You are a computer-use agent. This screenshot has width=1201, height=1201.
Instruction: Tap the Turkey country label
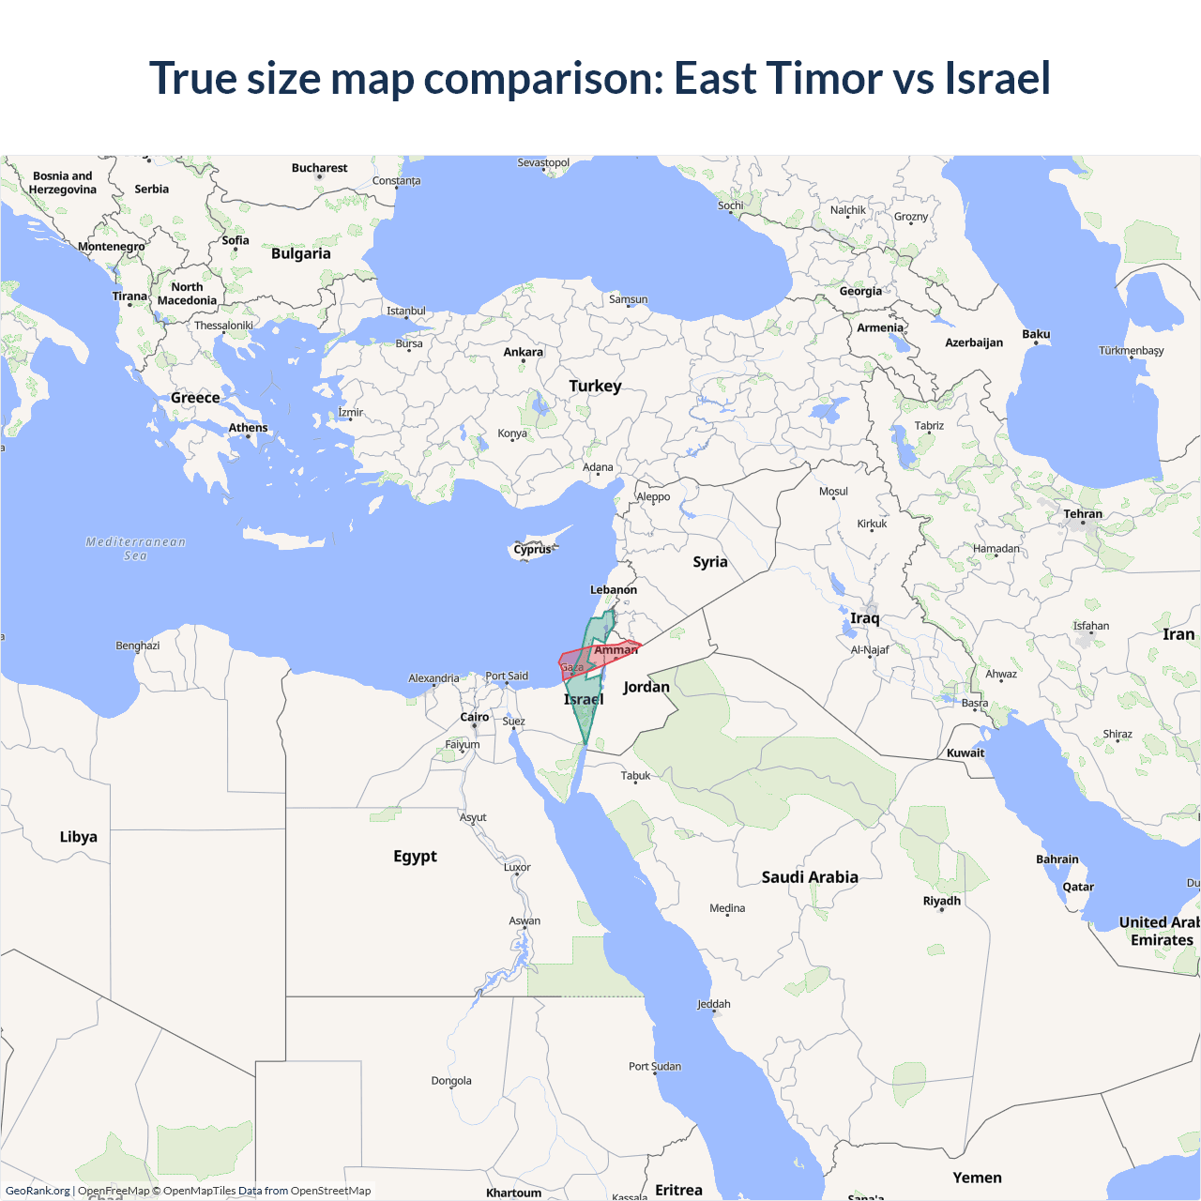point(595,386)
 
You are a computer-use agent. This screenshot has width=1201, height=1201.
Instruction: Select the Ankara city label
point(524,352)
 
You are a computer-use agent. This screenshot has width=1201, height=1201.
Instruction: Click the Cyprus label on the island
point(533,549)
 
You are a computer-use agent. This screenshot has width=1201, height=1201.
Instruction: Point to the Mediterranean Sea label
point(136,548)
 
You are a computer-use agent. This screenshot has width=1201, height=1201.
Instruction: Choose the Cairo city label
point(475,717)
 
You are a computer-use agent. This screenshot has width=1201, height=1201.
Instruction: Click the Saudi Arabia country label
point(810,877)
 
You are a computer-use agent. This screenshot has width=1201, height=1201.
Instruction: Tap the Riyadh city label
point(942,901)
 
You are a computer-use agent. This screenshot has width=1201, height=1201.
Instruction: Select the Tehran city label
point(1083,514)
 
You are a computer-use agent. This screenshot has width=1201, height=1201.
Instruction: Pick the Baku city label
point(1036,334)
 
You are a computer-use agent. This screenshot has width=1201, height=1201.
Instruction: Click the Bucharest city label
point(319,168)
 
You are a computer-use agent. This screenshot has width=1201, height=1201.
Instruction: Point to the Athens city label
point(249,428)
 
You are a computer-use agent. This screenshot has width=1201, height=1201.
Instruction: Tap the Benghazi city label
point(138,646)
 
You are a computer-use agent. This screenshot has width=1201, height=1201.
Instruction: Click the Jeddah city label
point(714,1004)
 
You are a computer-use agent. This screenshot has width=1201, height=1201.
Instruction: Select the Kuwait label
point(965,753)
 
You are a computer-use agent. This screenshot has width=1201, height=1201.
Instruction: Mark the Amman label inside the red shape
point(616,649)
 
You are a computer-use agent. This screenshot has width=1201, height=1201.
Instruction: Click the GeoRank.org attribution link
point(38,1191)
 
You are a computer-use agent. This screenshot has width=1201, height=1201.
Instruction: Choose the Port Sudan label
point(655,1066)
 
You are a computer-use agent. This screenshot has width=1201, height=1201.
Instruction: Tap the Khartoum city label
point(514,1193)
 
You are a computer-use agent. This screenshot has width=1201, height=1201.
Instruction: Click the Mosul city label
point(833,492)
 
